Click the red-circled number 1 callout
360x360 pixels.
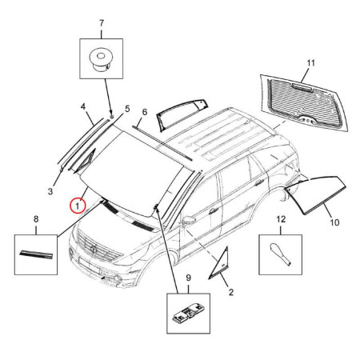[78, 206]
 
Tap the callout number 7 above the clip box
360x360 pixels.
[102, 23]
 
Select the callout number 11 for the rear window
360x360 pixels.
[311, 63]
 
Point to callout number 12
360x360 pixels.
[281, 219]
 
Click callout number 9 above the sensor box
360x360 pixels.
[189, 278]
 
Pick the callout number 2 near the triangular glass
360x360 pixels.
[231, 292]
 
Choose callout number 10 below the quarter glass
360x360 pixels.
[334, 222]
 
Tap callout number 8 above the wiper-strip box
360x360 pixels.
[36, 219]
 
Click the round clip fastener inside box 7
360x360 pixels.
[101, 60]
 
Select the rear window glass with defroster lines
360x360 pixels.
[304, 102]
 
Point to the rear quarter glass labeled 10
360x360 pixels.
[316, 194]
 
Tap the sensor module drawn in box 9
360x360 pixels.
[188, 314]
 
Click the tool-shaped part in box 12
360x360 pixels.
[281, 254]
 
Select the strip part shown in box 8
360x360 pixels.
[36, 254]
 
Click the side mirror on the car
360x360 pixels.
[189, 221]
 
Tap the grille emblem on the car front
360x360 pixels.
[94, 249]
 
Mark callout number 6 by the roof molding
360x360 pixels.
[145, 112]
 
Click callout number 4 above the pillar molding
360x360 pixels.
[83, 107]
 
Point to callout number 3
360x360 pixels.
[50, 191]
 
